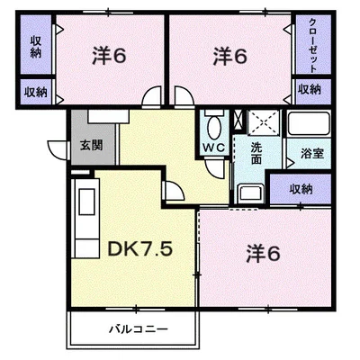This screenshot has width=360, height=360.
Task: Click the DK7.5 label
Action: (x=139, y=249)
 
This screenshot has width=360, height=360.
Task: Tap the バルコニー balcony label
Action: (x=139, y=329)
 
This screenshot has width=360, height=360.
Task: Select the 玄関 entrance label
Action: (x=92, y=146)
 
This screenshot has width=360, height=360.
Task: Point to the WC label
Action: (x=214, y=148)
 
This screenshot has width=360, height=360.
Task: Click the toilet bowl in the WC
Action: (x=214, y=128)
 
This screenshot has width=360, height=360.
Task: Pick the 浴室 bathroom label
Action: (x=312, y=153)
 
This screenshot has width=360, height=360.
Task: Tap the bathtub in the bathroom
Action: (x=309, y=123)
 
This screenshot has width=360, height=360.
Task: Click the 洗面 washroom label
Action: (x=256, y=153)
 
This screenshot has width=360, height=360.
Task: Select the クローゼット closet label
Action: (x=312, y=45)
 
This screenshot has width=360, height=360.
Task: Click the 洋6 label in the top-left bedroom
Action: (x=109, y=56)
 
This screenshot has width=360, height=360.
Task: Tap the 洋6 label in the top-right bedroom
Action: (x=229, y=56)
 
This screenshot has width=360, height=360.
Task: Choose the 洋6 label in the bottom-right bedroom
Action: (x=263, y=254)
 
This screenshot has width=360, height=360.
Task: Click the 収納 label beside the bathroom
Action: (x=301, y=189)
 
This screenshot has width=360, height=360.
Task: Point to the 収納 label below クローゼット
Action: (x=310, y=89)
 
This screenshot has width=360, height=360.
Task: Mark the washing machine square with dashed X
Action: (x=264, y=122)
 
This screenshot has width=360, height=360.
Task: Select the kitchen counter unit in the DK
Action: (x=86, y=218)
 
